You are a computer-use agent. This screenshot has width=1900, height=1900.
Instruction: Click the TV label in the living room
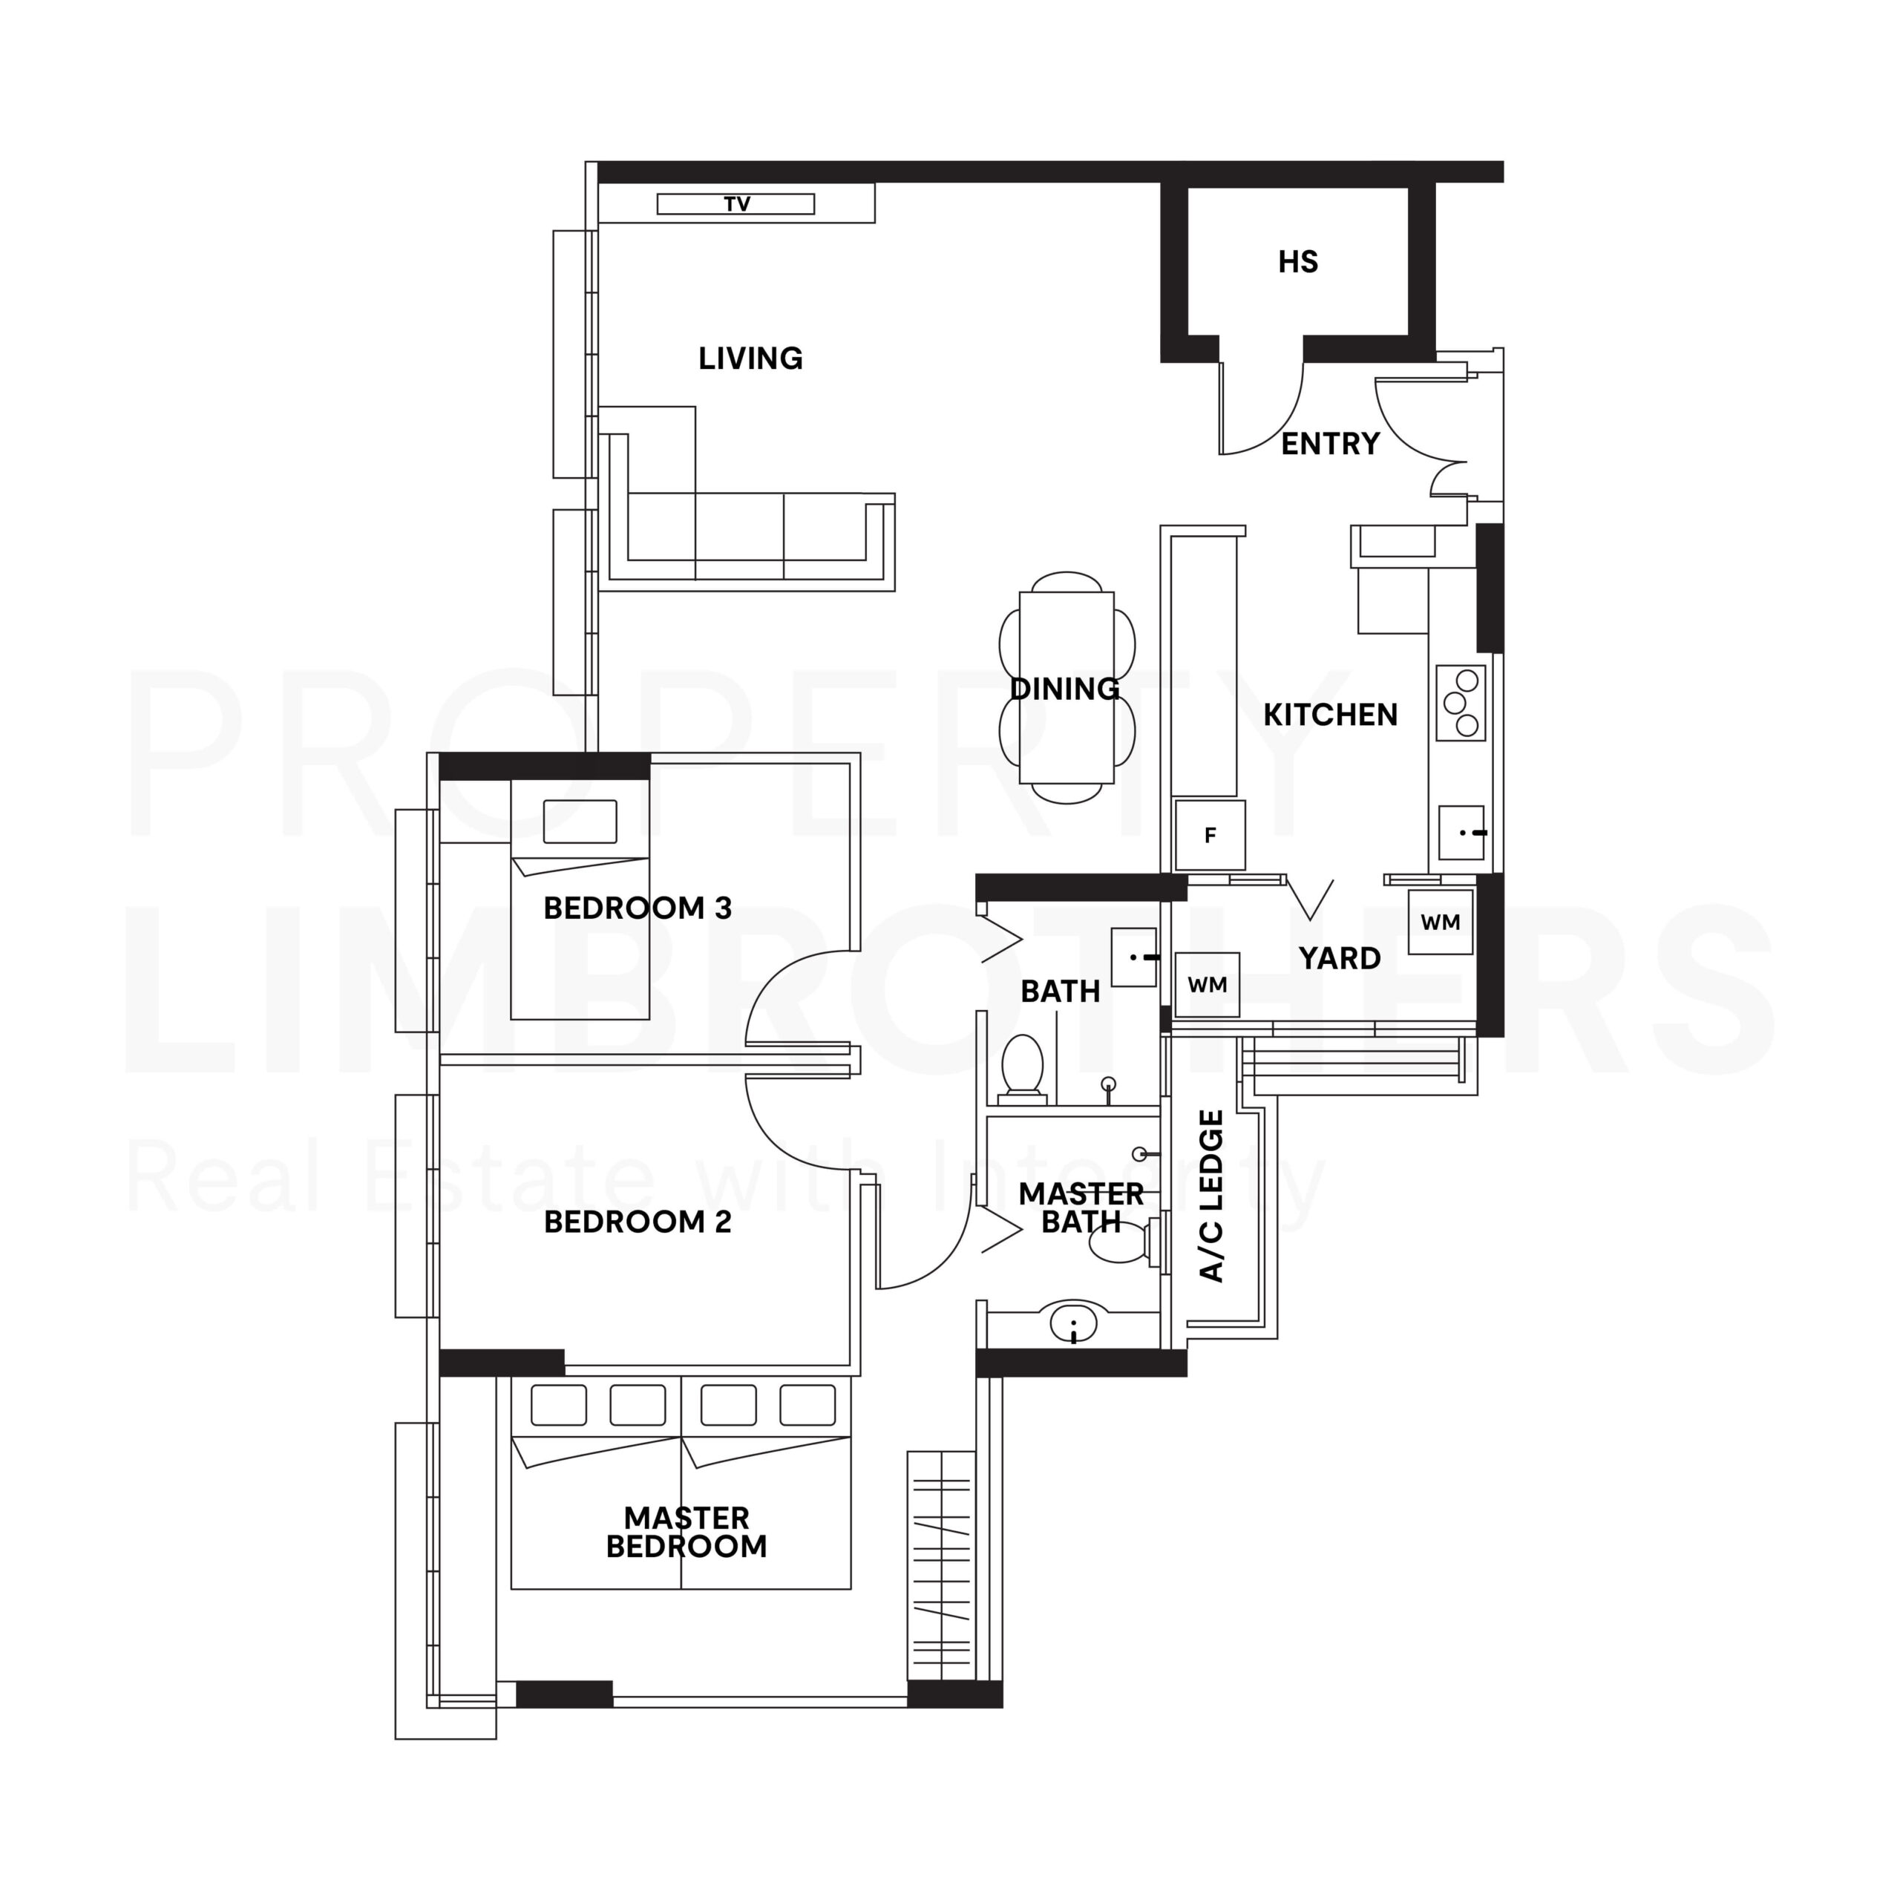736,205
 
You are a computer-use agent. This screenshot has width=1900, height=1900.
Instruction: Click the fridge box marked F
1211,835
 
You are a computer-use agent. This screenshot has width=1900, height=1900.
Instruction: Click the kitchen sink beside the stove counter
1461,833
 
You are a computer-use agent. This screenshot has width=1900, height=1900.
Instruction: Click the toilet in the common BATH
1022,1066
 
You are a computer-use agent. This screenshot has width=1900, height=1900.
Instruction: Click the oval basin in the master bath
1073,1324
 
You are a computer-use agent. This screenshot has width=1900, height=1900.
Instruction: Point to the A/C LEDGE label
1213,1196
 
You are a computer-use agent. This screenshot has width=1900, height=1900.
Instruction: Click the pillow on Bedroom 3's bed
580,821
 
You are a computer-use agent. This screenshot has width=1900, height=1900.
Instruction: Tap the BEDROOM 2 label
638,1222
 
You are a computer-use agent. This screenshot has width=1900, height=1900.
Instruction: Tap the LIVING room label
750,359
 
